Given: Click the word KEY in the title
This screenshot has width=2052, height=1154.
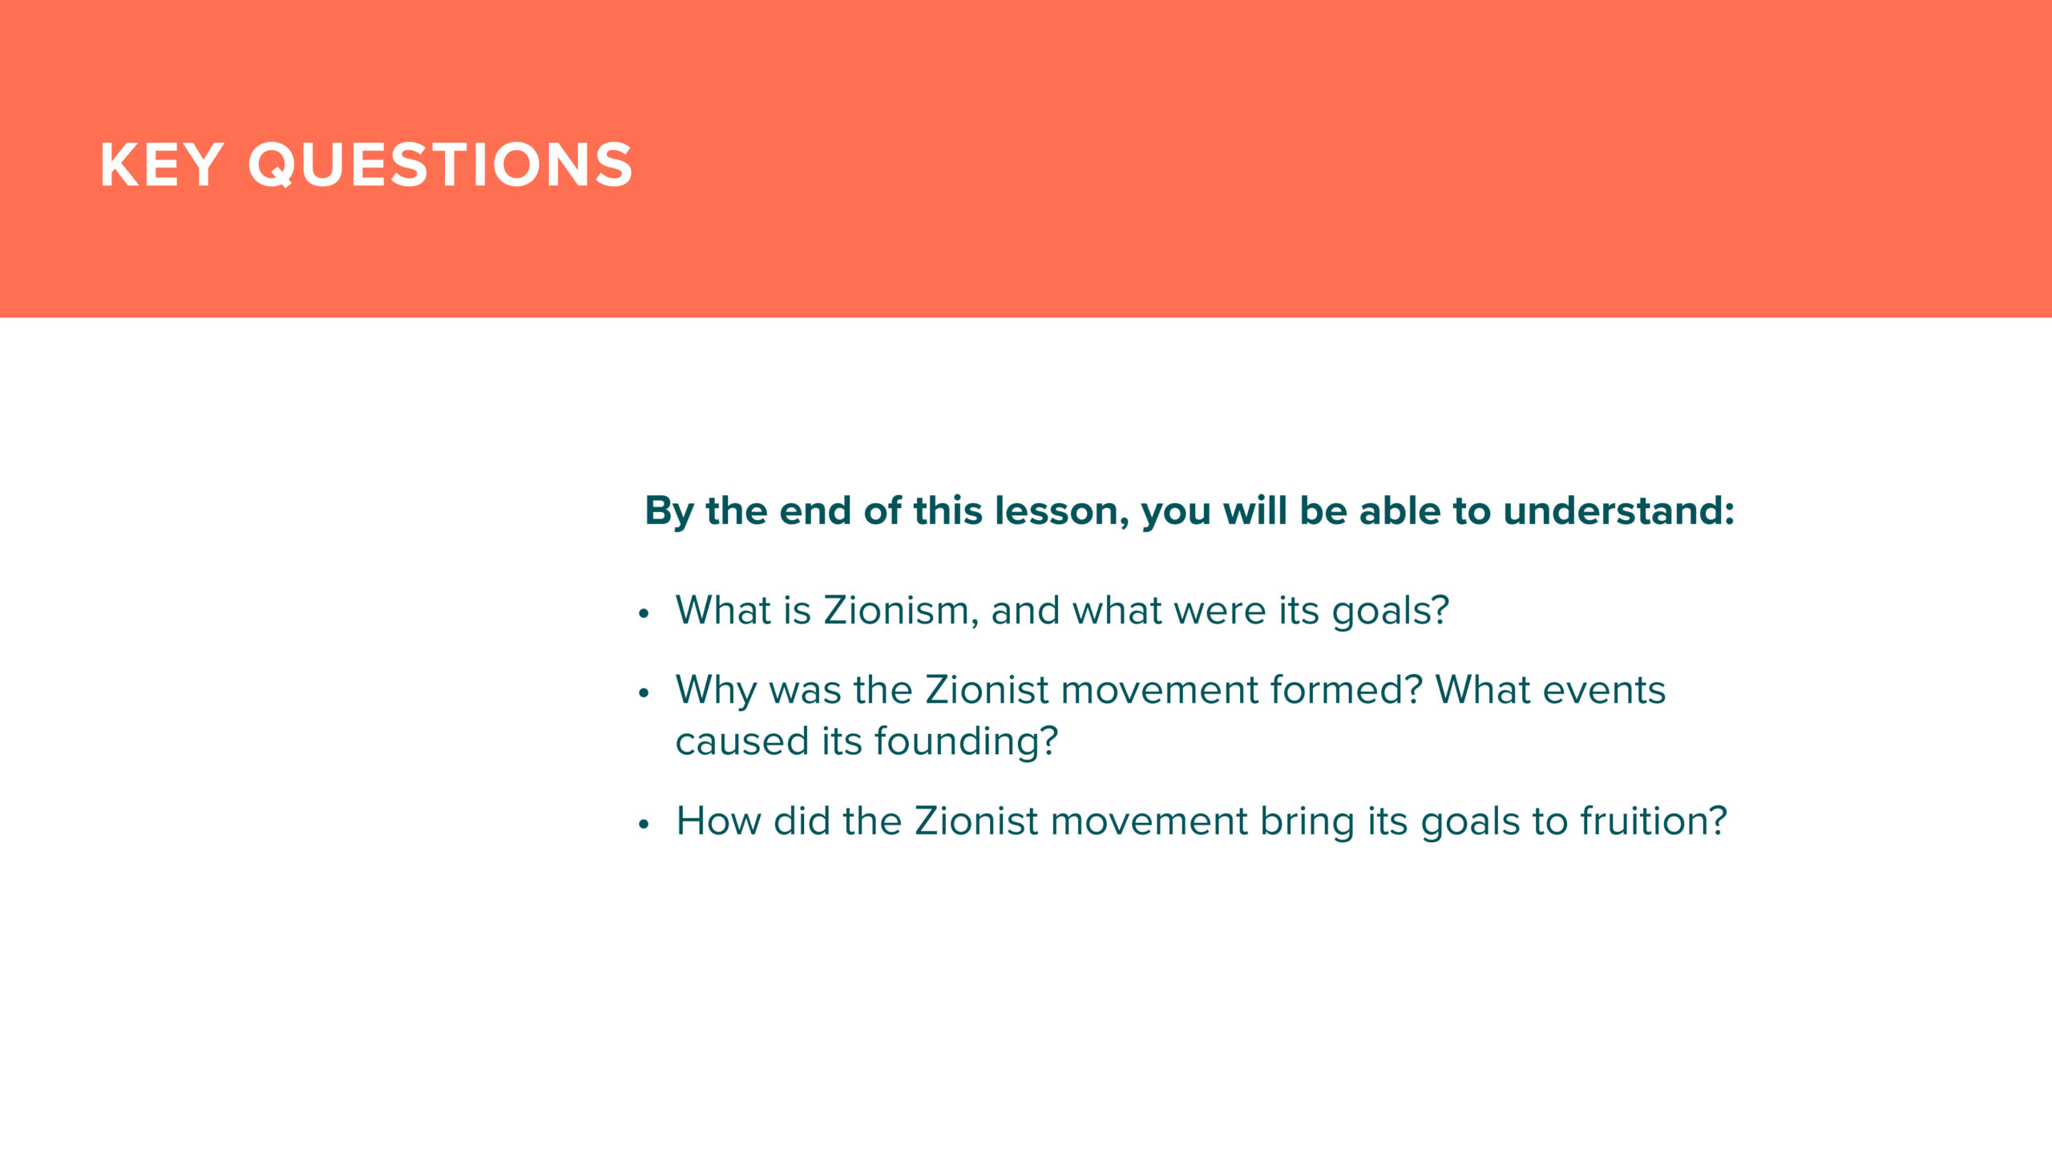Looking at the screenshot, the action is pos(161,165).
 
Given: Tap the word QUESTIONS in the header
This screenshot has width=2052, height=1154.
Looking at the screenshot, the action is pos(441,166).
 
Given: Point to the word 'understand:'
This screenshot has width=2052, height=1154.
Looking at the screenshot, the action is pos(1618,510).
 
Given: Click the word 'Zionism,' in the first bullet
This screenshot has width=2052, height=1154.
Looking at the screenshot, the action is pos(901,611).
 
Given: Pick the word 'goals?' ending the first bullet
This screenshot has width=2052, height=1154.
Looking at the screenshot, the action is pos(1391,611).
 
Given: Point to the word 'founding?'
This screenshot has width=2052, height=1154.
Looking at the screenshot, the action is pos(967,742).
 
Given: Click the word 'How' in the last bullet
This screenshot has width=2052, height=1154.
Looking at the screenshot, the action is pos(718,821).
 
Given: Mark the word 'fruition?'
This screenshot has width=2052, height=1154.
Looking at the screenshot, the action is pos(1654,821).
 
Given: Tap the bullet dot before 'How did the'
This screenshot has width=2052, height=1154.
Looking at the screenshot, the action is pos(643,825).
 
